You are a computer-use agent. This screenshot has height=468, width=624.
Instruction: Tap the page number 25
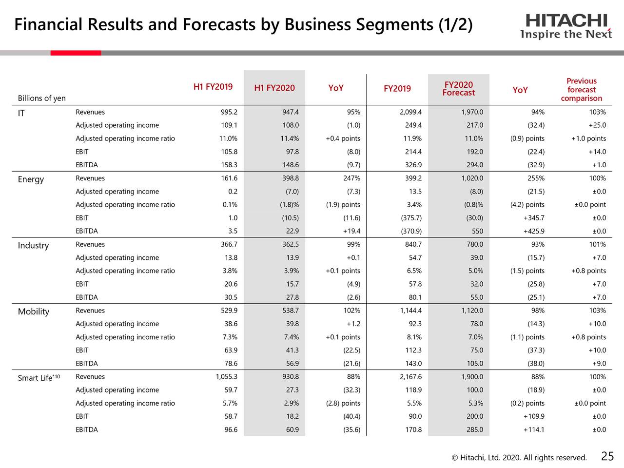607,456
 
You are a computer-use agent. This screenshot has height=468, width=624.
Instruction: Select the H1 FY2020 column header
274,88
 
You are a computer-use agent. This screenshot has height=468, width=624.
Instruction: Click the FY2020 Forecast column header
458,89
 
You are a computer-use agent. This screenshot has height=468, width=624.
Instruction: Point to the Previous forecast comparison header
581,90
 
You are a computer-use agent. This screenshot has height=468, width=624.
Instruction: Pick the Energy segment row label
31,179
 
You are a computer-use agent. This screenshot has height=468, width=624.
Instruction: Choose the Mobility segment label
34,312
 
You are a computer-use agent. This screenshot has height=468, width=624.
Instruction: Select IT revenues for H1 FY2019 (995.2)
229,112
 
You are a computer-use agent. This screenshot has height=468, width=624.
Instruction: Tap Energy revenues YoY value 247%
351,178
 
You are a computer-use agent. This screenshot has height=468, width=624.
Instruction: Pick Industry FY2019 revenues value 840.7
413,244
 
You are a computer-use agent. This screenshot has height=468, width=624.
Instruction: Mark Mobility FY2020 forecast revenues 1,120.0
472,311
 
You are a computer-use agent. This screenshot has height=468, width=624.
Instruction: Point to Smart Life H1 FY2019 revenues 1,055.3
226,377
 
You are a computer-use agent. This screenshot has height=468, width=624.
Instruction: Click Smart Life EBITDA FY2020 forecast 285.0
474,429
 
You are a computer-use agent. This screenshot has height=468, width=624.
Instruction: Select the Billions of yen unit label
41,98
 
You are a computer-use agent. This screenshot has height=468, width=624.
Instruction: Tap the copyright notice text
519,457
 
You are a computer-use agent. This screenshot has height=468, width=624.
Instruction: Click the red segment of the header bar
76,53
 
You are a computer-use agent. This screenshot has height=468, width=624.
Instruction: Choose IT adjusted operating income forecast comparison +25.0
595,125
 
